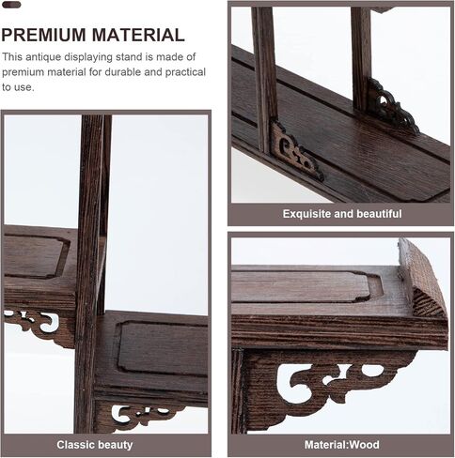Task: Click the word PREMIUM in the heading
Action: point(43,35)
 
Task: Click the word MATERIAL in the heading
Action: point(138,35)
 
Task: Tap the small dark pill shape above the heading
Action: point(11,5)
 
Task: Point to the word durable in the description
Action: point(121,72)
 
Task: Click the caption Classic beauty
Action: point(95,445)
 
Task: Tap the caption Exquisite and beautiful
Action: point(342,214)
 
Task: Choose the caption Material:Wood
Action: point(342,445)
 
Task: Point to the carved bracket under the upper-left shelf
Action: point(38,326)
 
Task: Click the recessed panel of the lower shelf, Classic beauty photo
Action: point(163,347)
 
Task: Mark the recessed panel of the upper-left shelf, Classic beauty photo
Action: point(35,255)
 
